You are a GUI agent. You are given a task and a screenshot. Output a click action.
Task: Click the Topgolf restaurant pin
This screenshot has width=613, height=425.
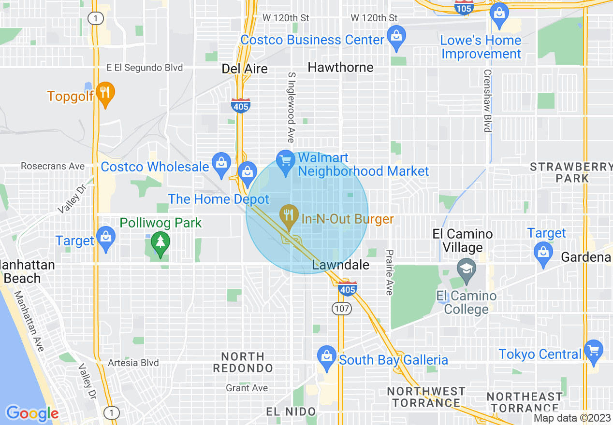coord(105,92)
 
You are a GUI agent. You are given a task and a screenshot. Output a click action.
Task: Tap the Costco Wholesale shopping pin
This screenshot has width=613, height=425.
coord(221,164)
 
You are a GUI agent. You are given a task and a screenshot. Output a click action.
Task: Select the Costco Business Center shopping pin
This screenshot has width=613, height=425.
coord(396,37)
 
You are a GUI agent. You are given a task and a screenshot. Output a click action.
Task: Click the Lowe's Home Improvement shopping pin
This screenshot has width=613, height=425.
coord(498,13)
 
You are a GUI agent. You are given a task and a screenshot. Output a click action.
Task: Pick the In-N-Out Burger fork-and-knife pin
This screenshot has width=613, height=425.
coord(289,215)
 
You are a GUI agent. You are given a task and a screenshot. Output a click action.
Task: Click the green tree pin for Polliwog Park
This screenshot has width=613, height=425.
coord(160,243)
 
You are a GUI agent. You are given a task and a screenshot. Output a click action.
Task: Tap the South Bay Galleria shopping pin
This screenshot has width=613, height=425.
coord(327,356)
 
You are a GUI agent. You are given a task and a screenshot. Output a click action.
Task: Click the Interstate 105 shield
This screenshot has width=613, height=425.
coord(463,8)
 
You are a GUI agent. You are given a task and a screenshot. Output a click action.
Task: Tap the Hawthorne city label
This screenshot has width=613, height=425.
coord(340,68)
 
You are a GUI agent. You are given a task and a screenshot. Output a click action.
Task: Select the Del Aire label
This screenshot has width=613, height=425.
coord(245,69)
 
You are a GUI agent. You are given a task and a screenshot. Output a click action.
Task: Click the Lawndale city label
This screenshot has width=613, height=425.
coord(341,265)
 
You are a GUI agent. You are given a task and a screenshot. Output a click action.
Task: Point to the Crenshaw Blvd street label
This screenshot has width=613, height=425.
coord(487,100)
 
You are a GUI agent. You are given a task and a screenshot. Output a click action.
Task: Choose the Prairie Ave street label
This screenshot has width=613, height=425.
coord(389,272)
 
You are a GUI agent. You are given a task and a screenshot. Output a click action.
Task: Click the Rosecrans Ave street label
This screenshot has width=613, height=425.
coord(53,166)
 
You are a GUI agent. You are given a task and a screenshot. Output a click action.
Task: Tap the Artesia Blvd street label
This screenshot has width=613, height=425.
coord(133,363)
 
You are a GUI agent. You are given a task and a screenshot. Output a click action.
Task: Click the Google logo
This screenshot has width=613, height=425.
coord(32,413)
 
